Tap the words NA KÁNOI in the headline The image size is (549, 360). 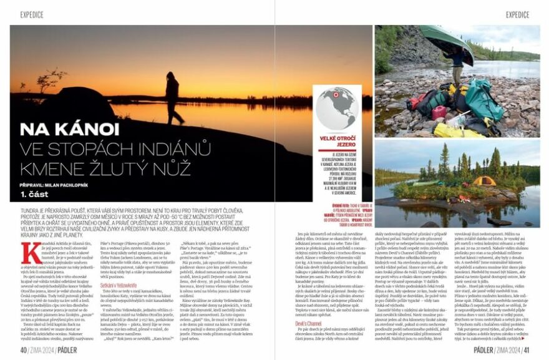pos(69,129)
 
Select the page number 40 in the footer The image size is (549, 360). pos(24,350)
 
